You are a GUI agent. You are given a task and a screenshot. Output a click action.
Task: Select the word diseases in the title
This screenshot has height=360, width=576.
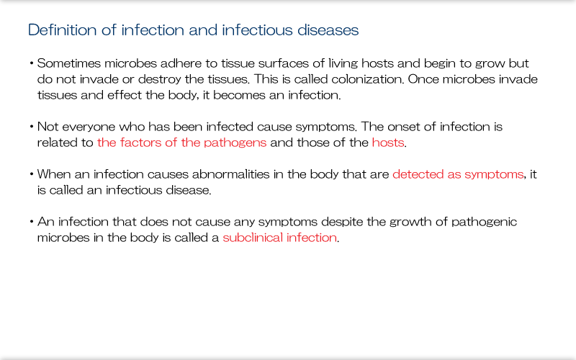pyautogui.click(x=330, y=30)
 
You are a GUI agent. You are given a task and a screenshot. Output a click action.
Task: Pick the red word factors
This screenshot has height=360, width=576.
pyautogui.click(x=137, y=143)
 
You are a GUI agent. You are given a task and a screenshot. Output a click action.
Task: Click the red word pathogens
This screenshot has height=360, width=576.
pyautogui.click(x=235, y=143)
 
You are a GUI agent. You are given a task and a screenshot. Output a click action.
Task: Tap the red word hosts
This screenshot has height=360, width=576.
pyautogui.click(x=387, y=143)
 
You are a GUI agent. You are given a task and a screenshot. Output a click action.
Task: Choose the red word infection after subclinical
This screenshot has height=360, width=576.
pyautogui.click(x=312, y=238)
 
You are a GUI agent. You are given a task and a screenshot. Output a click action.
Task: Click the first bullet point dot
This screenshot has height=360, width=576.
pyautogui.click(x=32, y=63)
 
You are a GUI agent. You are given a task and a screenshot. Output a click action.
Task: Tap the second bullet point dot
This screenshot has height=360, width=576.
pyautogui.click(x=32, y=127)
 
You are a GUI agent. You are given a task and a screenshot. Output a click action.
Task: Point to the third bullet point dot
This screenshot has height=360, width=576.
pyautogui.click(x=32, y=174)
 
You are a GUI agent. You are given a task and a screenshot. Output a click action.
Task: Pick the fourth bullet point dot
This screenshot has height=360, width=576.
pyautogui.click(x=32, y=222)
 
